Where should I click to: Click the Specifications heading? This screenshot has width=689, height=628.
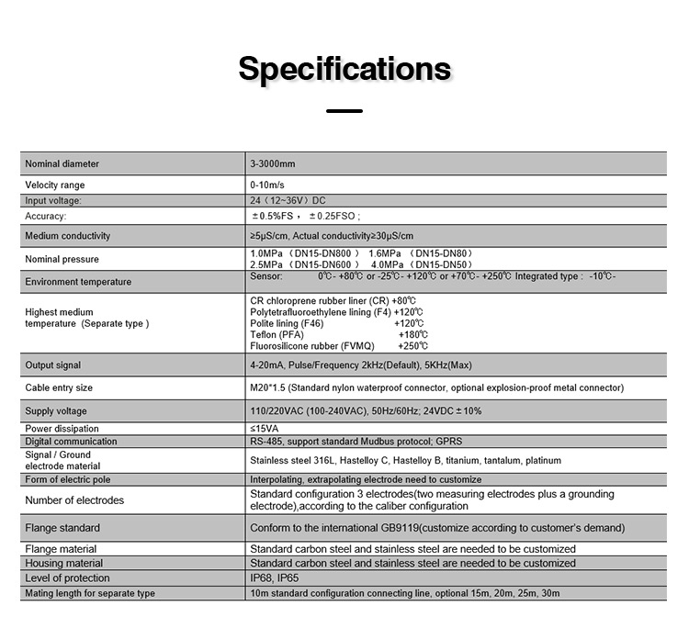tap(344, 69)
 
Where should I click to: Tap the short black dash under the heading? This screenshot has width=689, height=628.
tap(344, 111)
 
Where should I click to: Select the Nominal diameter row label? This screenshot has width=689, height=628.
tap(62, 163)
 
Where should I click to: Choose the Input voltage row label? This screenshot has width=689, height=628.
tap(53, 200)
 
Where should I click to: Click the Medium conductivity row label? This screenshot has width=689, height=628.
tap(68, 236)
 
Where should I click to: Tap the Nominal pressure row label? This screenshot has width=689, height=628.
tap(62, 259)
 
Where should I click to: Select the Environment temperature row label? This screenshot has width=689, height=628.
tap(78, 282)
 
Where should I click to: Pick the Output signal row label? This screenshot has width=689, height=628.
tap(53, 365)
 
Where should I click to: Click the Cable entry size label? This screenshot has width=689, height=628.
tap(59, 388)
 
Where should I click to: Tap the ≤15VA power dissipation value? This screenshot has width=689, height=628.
tap(265, 428)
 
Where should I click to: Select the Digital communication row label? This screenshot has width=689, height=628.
tap(71, 442)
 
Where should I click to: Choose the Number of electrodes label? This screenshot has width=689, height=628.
tap(74, 500)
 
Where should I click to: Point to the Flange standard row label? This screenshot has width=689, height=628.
tap(62, 528)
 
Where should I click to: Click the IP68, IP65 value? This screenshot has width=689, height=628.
tap(274, 578)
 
